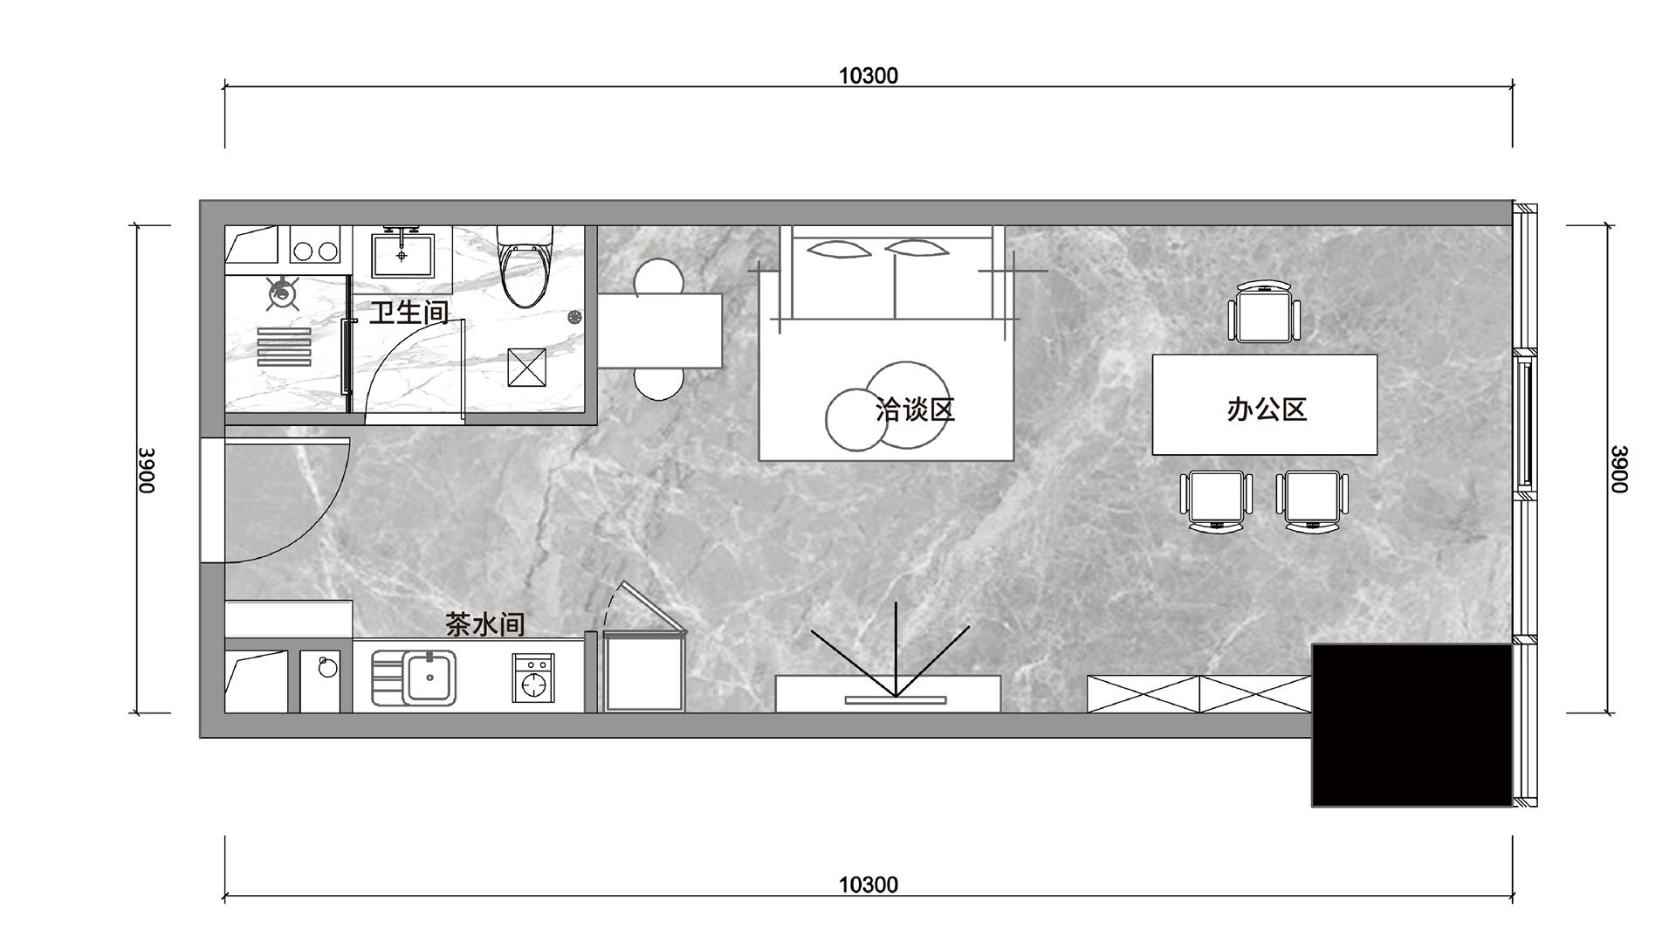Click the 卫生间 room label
(408, 312)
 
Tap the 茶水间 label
(484, 623)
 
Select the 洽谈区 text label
(916, 409)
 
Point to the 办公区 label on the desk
(1267, 409)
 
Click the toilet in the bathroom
(525, 266)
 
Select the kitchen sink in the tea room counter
(429, 678)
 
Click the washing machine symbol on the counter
(532, 679)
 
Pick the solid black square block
(1412, 726)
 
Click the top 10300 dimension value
(869, 76)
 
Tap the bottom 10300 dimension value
(869, 885)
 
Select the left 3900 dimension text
(146, 470)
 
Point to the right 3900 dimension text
(1619, 469)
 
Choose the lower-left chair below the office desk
(1216, 501)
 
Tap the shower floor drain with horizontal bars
(284, 347)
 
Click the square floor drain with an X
(526, 367)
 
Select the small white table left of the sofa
(660, 331)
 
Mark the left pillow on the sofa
(840, 249)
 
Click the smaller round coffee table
(855, 420)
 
